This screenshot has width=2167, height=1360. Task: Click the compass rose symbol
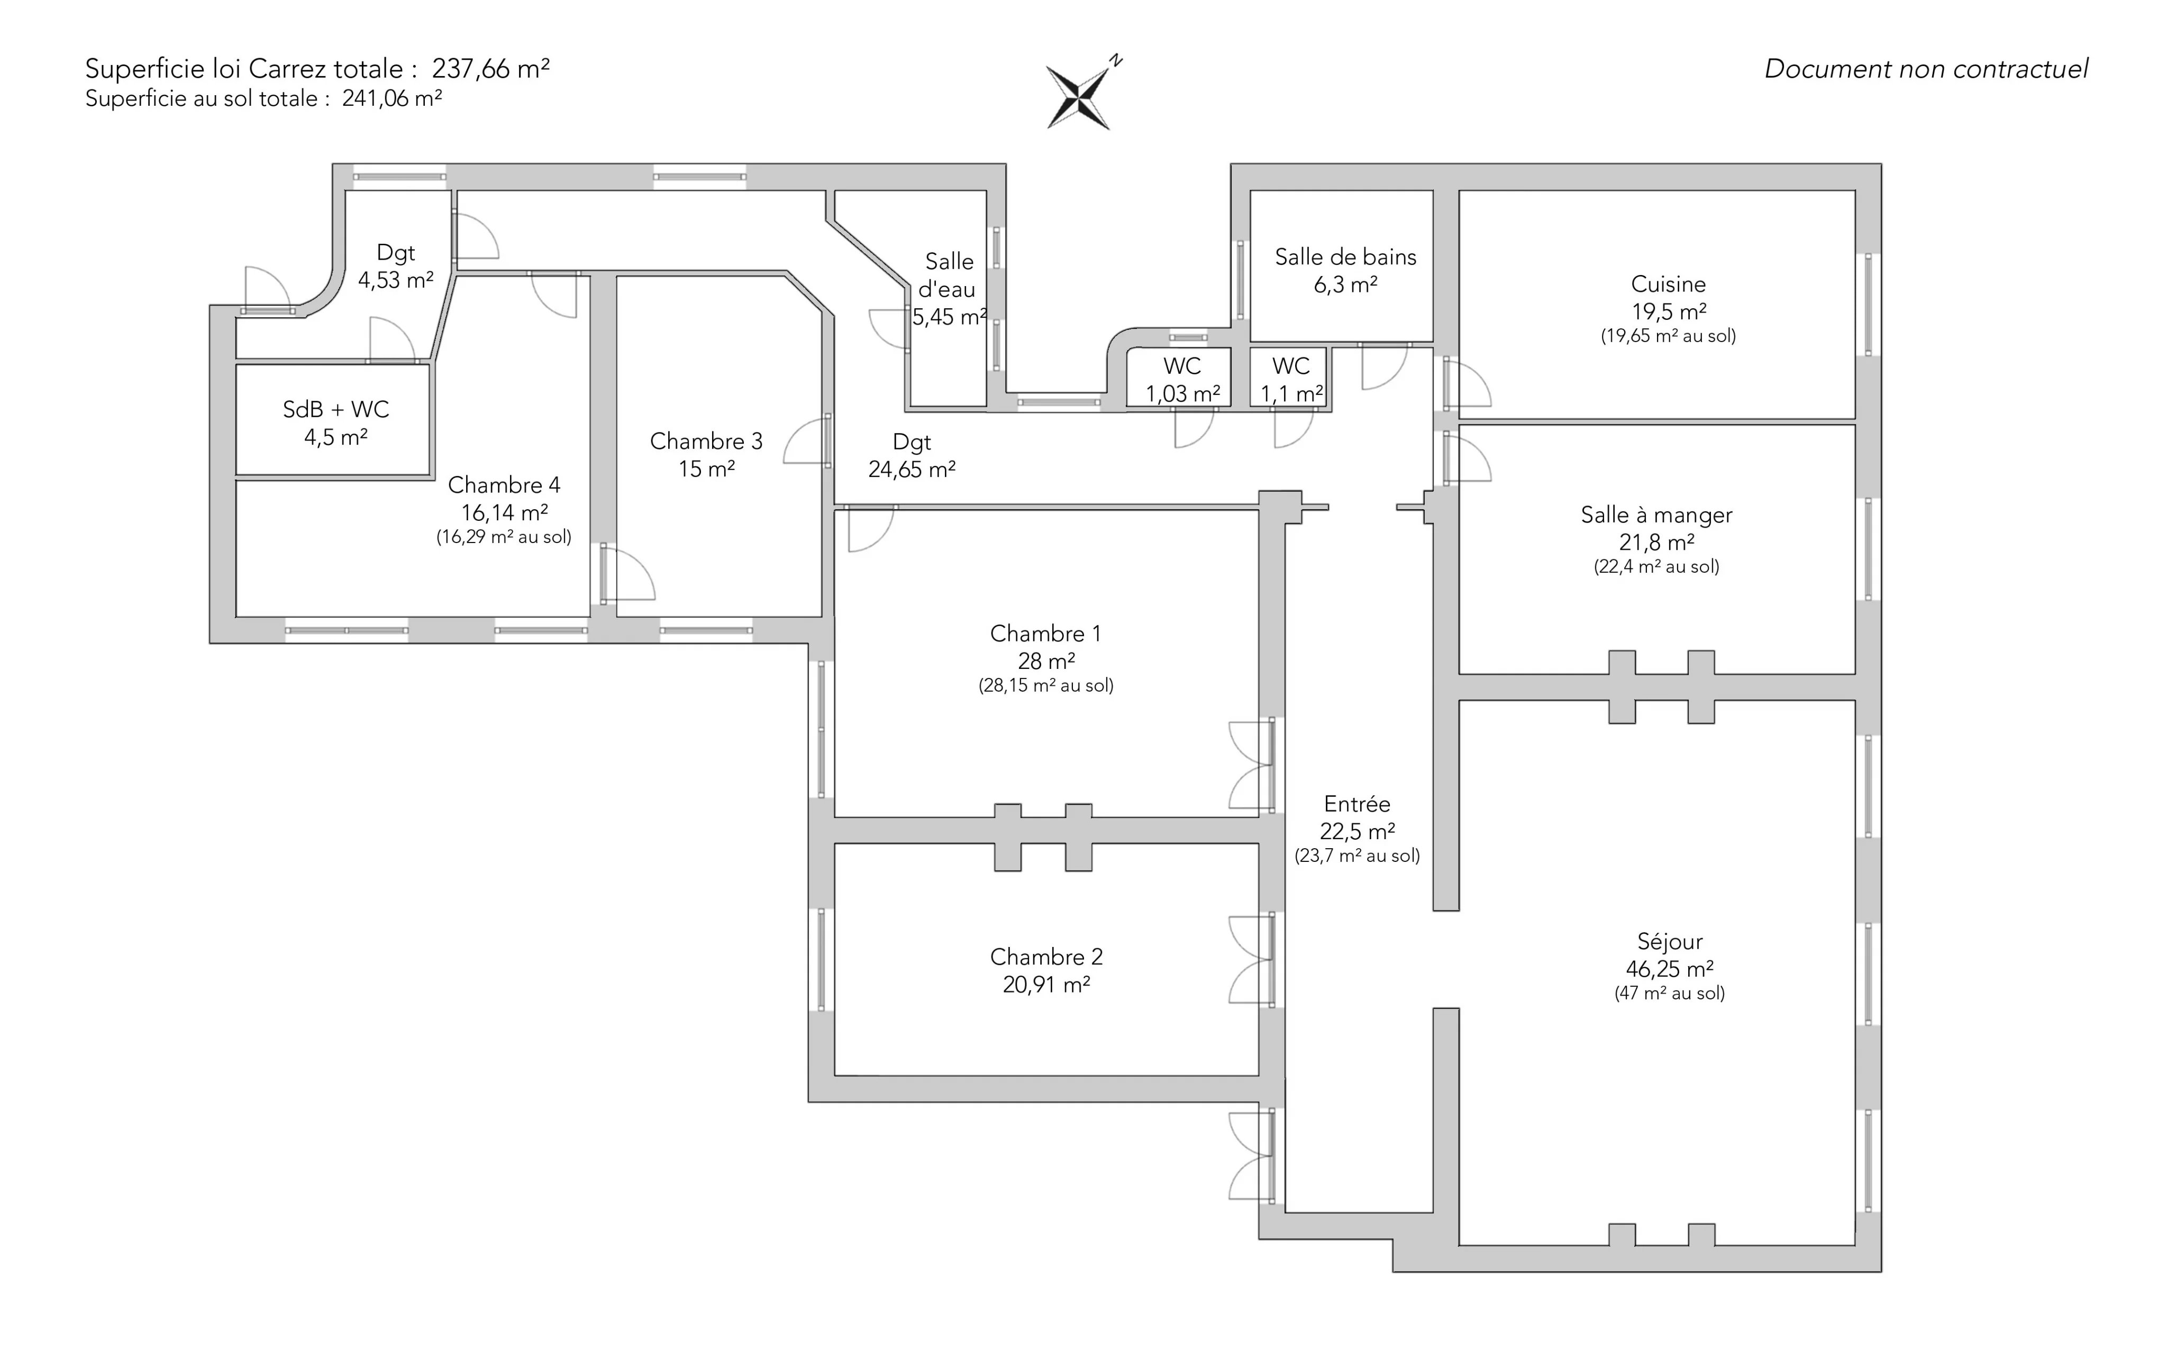(1078, 95)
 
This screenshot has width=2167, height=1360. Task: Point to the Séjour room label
(1669, 942)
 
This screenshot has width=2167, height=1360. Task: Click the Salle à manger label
(1656, 516)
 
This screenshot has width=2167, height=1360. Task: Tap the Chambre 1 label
(1045, 634)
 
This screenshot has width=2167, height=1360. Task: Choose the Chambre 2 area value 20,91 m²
(1046, 985)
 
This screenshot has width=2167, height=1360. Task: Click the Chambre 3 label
(706, 442)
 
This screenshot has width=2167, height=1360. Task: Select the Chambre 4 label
(504, 486)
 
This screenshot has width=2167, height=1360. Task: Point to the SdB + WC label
(335, 410)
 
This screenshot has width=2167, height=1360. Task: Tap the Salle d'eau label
(949, 275)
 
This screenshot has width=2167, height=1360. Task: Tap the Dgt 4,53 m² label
(396, 267)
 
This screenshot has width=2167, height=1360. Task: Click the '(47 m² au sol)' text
(1669, 994)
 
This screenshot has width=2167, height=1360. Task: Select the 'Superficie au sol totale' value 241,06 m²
(391, 99)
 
